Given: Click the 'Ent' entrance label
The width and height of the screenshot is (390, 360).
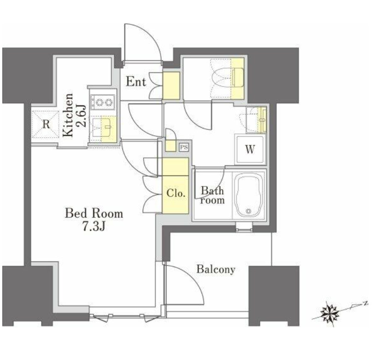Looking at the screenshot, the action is tap(136, 81).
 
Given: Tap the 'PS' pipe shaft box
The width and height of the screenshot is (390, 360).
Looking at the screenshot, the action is tap(184, 147).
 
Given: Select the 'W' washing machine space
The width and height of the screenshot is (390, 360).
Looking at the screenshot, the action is tap(250, 149).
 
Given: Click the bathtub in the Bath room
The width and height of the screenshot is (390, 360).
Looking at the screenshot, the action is tap(249, 195).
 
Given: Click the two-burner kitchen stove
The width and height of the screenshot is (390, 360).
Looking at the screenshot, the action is tap(103, 102).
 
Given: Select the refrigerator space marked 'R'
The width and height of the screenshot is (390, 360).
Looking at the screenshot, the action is tap(46, 124).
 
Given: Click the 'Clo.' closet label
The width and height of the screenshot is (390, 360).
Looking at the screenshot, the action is tap(176, 193).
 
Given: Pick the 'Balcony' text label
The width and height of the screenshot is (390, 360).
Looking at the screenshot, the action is tap(216, 269).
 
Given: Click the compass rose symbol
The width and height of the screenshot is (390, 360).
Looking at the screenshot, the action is tap(329, 314).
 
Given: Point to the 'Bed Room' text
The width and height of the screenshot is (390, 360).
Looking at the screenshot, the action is tap(94, 214).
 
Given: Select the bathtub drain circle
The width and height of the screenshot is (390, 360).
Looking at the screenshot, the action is tap(248, 211).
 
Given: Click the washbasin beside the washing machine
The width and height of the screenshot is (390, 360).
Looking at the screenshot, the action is tap(256, 120).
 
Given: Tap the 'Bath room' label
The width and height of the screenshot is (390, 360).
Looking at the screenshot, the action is tap(212, 196).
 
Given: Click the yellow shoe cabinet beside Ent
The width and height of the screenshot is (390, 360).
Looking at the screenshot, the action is tap(171, 86).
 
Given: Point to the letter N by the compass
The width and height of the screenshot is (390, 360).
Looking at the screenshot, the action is tap(365, 303).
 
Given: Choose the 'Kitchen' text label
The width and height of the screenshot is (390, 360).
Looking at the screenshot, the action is tap(68, 115).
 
